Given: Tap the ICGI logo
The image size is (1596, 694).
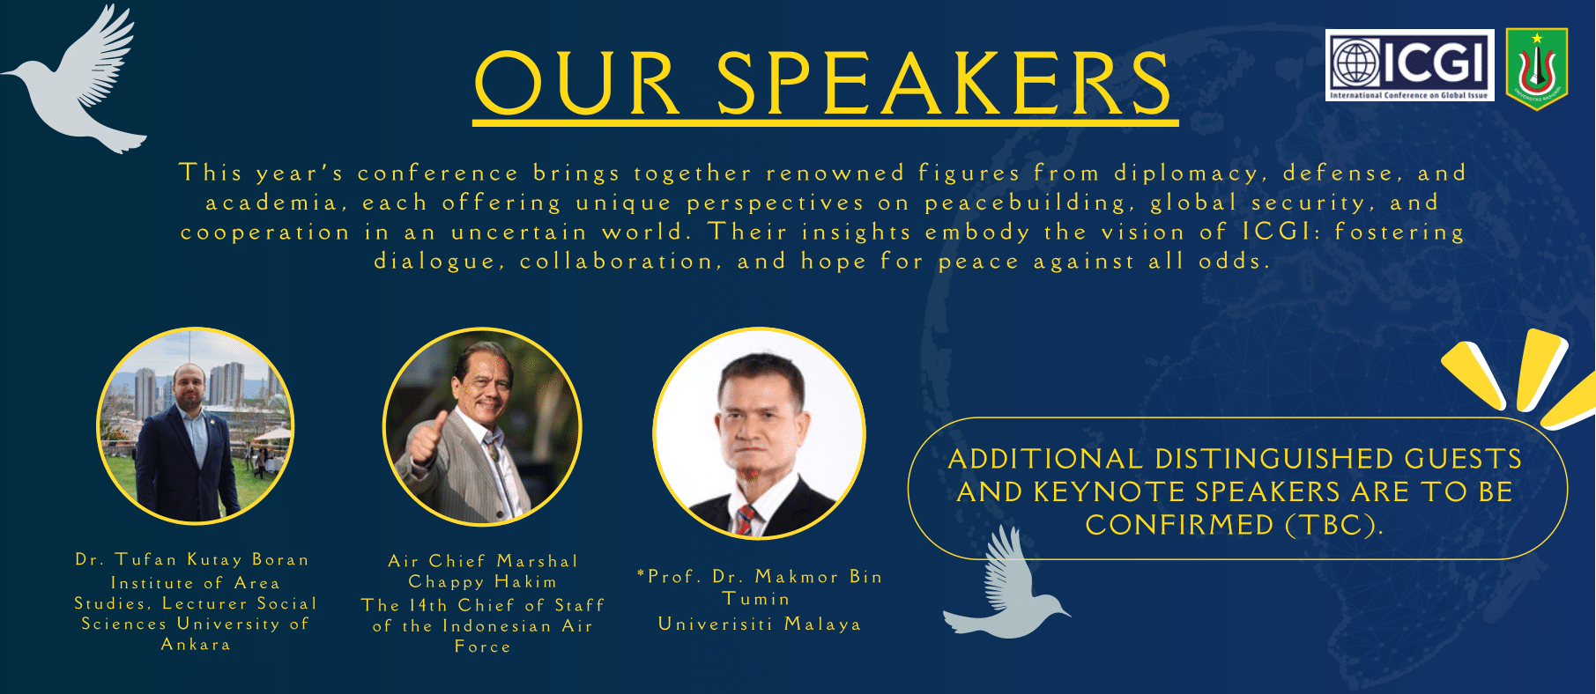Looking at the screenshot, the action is pos(1409,65).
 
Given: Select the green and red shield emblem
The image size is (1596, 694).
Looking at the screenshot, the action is pos(1537,68).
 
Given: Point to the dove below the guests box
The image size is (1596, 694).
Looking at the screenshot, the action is pos(1005,586).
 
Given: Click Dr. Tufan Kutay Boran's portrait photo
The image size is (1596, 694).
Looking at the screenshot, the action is pos(196,426).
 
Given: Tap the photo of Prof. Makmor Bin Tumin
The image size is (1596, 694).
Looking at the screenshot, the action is pos(759,433).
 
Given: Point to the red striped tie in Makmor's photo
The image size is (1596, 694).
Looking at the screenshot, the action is pos(746,520).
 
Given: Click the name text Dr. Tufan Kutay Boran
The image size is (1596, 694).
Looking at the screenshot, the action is pos(192,560).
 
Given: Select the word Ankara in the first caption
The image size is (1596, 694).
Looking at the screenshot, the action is pos(196,645).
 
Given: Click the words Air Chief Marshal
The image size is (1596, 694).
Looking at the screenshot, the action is pos(483,561).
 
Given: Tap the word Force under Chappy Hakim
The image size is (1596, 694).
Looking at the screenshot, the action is pos(483,646).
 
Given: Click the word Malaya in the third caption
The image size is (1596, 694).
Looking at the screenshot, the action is pos(822,624).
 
